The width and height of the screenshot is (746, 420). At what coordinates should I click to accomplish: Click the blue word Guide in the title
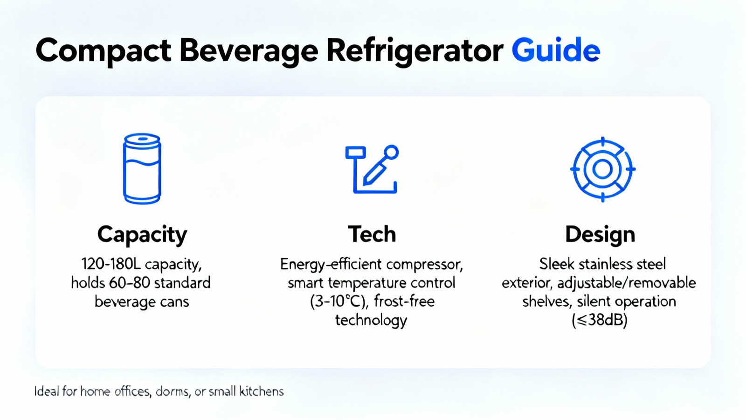pyautogui.click(x=556, y=50)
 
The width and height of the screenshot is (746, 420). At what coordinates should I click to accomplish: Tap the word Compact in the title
pyautogui.click(x=103, y=52)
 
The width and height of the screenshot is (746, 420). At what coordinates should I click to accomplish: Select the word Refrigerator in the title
pyautogui.click(x=415, y=52)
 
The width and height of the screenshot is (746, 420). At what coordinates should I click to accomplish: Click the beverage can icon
pyautogui.click(x=142, y=168)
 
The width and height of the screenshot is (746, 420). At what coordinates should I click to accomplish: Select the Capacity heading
pyautogui.click(x=142, y=235)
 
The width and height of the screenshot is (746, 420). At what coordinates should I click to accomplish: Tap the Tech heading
pyautogui.click(x=372, y=234)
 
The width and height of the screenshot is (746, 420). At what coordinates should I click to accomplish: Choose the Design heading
pyautogui.click(x=600, y=235)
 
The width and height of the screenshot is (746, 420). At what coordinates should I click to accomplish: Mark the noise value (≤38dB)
pyautogui.click(x=600, y=320)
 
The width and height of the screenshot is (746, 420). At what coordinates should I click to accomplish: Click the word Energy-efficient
pyautogui.click(x=331, y=265)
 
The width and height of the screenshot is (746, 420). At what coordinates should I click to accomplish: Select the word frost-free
pyautogui.click(x=404, y=301)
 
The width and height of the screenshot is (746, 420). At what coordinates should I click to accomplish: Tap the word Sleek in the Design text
pyautogui.click(x=557, y=264)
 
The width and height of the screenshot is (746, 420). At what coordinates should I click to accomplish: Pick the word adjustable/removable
pyautogui.click(x=627, y=283)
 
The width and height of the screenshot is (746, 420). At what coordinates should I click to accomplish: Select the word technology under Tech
pyautogui.click(x=371, y=321)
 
